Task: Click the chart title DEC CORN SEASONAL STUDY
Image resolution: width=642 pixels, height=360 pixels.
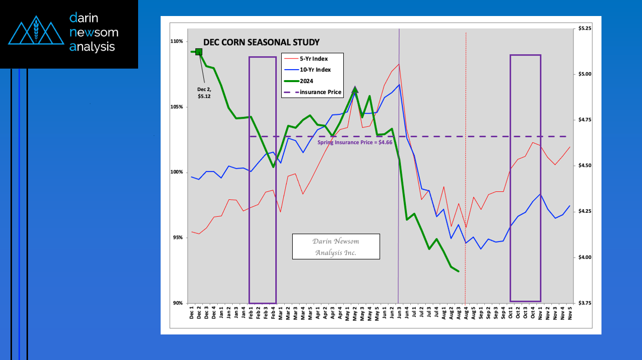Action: (261, 43)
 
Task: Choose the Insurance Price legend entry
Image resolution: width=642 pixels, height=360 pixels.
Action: (320, 92)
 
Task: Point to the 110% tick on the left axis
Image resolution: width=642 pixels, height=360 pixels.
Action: (177, 41)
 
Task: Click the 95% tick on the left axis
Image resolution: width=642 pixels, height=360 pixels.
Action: (178, 238)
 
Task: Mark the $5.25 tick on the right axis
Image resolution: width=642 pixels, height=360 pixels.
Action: (585, 29)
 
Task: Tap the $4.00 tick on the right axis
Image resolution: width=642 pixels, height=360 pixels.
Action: (585, 257)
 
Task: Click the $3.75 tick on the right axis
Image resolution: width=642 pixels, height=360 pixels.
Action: (585, 303)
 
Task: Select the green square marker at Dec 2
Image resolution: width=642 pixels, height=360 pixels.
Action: (199, 52)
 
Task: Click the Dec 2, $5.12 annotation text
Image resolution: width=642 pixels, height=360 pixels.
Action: (204, 93)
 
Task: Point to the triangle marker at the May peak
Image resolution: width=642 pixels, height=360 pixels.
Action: (355, 90)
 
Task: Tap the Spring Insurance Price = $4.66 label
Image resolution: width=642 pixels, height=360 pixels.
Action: (355, 143)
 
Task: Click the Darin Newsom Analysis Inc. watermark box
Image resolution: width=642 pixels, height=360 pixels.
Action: (336, 246)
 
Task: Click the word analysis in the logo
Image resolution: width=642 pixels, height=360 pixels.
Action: (92, 47)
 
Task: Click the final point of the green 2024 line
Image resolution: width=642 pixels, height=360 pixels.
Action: (458, 271)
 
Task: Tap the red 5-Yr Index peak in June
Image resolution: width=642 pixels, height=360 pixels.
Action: (399, 64)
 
